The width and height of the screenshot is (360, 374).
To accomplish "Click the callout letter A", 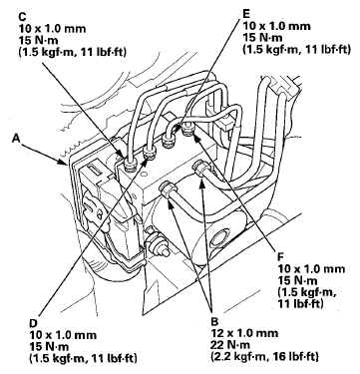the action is (15, 138).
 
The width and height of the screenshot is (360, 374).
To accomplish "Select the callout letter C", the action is (22, 16).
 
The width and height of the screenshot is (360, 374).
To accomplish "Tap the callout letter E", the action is (246, 14).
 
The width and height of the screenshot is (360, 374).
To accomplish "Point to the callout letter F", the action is (281, 256).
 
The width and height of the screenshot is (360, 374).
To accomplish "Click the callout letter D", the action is (33, 323).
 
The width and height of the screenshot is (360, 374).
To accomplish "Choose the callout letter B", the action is (214, 321).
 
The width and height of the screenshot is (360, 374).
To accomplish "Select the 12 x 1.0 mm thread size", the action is (244, 333).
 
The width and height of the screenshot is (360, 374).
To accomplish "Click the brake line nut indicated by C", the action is (128, 163).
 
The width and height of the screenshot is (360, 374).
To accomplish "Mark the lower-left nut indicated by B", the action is (167, 190).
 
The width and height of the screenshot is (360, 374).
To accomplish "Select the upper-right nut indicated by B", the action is (200, 168).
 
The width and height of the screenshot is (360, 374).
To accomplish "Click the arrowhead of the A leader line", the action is (65, 163).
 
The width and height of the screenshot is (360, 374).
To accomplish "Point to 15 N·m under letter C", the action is (38, 41).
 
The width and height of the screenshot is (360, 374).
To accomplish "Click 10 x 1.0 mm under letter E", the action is (276, 26).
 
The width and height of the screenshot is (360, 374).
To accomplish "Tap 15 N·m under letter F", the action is (297, 280).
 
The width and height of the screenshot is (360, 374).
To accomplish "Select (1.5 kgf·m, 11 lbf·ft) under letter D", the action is (83, 358).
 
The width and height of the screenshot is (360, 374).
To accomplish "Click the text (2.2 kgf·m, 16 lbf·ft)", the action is (264, 356).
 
